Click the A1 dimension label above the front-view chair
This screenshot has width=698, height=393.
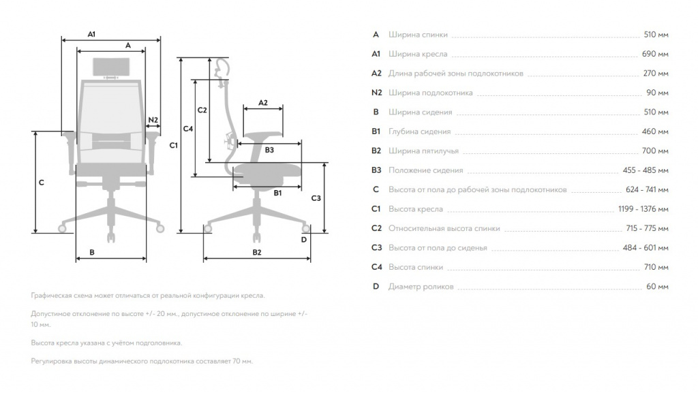91,34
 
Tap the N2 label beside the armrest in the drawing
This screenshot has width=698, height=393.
153,120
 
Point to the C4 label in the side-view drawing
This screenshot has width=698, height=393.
188,129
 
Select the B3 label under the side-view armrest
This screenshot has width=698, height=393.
269,151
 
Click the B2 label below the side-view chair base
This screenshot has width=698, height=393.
257,253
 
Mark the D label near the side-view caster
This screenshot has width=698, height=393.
303,240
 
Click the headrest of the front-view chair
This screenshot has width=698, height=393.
111,67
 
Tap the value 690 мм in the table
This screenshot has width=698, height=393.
655,54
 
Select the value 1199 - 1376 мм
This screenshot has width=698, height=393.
643,209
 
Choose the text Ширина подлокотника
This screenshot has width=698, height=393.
431,93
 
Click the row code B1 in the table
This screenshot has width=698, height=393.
376,131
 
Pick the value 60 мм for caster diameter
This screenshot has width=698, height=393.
657,287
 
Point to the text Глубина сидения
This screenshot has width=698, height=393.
419,131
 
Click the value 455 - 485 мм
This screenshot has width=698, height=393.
646,170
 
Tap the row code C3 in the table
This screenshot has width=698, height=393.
376,248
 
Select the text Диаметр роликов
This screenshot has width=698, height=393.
421,287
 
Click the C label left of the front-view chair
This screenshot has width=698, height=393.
42,183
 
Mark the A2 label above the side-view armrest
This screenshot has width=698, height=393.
263,103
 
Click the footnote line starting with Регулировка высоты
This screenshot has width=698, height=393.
142,362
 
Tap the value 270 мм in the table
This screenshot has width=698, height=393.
656,74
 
